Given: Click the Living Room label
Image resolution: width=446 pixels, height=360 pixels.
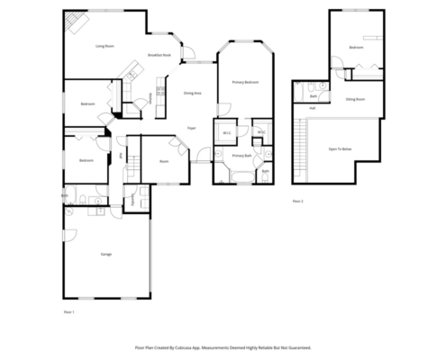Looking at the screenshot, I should click(x=105, y=45).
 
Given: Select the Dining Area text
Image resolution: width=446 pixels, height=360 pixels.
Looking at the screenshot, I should click(x=192, y=93).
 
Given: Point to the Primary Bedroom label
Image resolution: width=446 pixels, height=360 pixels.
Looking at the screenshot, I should click(x=245, y=82).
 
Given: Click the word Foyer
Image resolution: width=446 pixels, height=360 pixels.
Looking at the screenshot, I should click(x=192, y=129).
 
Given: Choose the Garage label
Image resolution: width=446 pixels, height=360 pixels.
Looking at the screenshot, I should click(x=105, y=255).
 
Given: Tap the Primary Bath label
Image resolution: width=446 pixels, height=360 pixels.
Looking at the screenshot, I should click(x=241, y=156).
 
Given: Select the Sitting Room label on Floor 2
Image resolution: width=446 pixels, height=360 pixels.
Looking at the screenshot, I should click(x=355, y=100).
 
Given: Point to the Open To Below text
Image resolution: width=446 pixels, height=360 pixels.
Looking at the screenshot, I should click(x=340, y=148).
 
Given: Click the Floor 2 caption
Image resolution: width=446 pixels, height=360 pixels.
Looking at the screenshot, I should click(x=298, y=201).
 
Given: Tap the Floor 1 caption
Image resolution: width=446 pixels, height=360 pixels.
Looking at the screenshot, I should click(x=68, y=310).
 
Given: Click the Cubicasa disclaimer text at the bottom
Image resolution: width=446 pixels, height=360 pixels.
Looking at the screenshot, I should click(x=223, y=346).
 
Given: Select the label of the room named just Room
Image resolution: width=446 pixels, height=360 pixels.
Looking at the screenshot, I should click(x=164, y=161).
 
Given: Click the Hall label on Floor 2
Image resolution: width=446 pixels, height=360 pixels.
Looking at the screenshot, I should click(x=313, y=108).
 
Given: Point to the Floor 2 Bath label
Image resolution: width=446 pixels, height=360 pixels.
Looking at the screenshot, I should click(x=314, y=95).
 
